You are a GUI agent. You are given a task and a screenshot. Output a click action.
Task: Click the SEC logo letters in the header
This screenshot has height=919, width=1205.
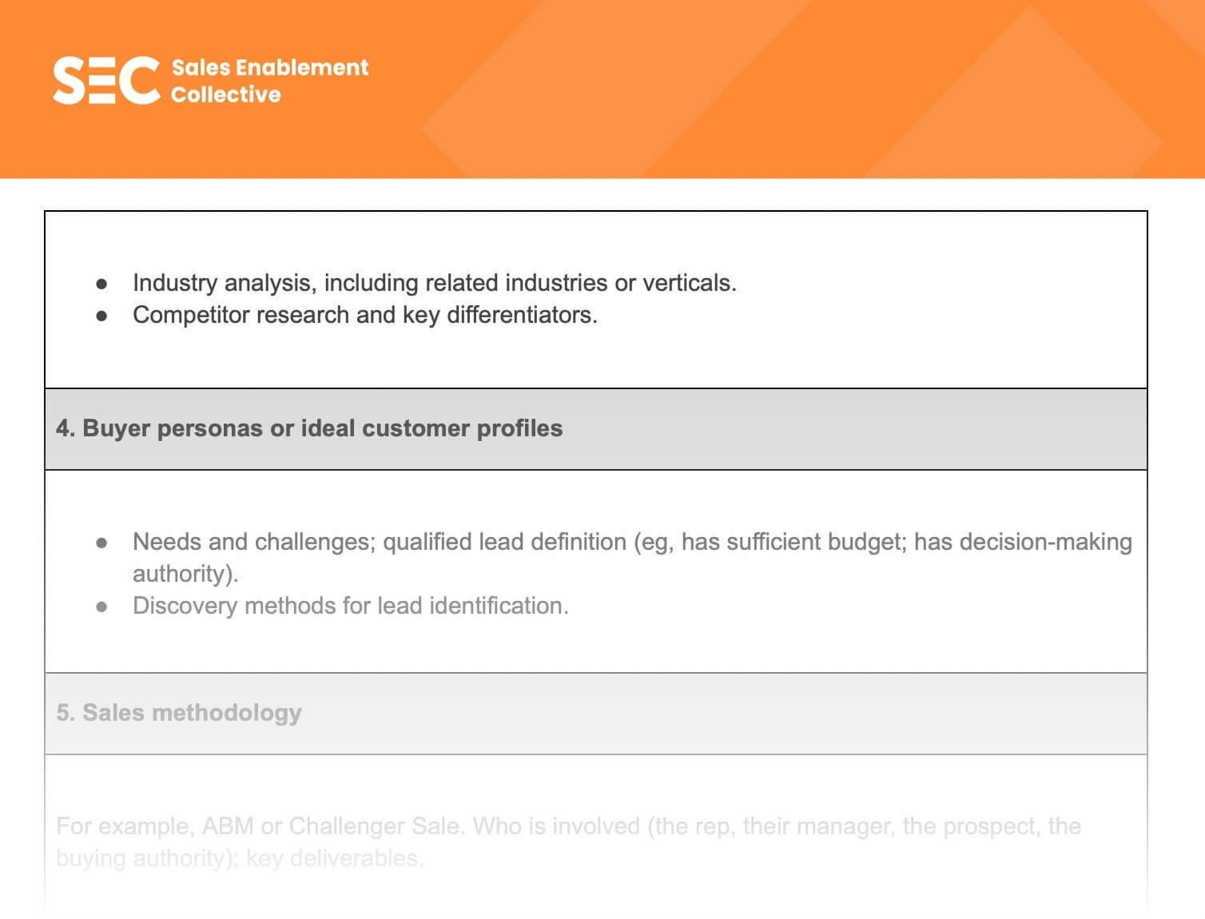[x=106, y=80]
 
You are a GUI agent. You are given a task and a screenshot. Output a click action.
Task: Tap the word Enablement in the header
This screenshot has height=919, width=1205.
[x=302, y=67]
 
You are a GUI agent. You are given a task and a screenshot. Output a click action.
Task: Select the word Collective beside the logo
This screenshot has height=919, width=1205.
[x=225, y=94]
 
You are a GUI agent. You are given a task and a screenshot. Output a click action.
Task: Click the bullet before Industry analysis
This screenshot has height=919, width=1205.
[x=101, y=284]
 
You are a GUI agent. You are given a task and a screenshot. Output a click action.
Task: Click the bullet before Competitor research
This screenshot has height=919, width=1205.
[x=101, y=316]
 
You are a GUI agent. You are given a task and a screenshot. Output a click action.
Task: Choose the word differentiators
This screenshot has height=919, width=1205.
[x=522, y=315]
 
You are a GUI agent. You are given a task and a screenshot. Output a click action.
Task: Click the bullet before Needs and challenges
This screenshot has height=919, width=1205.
[x=101, y=543]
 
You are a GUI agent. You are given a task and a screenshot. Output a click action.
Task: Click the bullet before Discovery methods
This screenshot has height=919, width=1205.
[x=101, y=607]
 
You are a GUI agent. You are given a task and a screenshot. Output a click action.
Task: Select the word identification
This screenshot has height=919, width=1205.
[x=499, y=606]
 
